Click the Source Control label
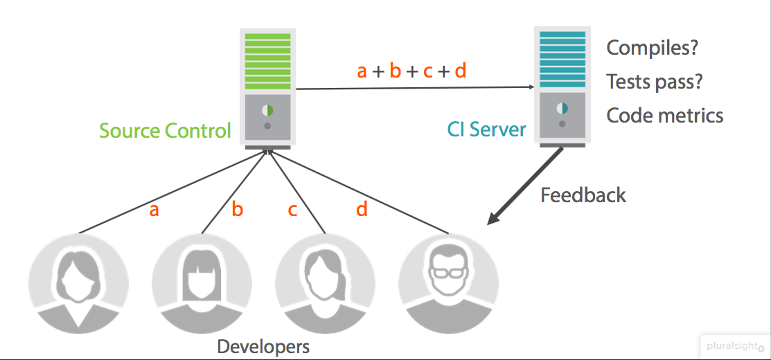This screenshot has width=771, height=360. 165,131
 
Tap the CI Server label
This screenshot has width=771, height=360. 486,129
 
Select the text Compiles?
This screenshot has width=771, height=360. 652,48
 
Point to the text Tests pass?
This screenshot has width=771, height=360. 655,82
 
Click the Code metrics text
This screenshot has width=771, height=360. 665,116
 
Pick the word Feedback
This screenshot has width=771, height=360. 583,195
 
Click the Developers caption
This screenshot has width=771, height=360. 263,346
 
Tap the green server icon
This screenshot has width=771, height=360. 267,87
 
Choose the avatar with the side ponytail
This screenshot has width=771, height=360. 325,284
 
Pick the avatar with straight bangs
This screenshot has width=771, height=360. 202,284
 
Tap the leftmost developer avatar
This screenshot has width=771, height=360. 78,284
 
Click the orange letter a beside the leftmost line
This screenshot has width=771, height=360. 154,210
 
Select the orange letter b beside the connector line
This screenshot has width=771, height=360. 237,209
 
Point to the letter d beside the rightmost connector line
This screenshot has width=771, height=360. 362,208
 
